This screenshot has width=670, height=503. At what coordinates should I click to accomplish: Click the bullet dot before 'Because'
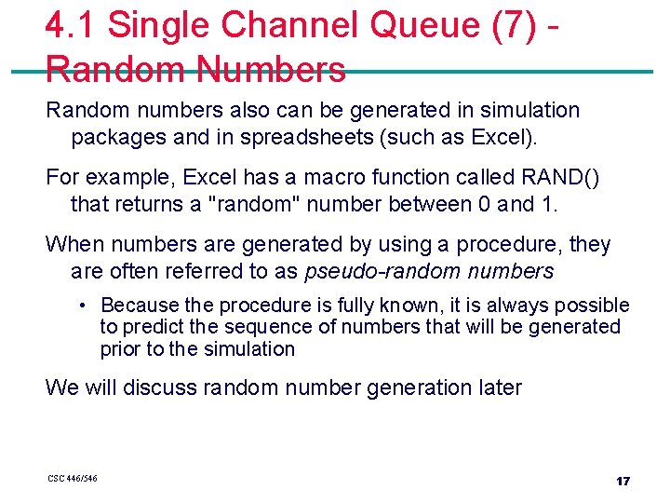tap(83, 306)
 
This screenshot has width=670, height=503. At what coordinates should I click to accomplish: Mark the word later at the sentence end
tap(499, 387)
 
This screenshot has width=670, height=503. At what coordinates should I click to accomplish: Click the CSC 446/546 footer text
tap(73, 479)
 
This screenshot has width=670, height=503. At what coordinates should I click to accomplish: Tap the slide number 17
tap(623, 481)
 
